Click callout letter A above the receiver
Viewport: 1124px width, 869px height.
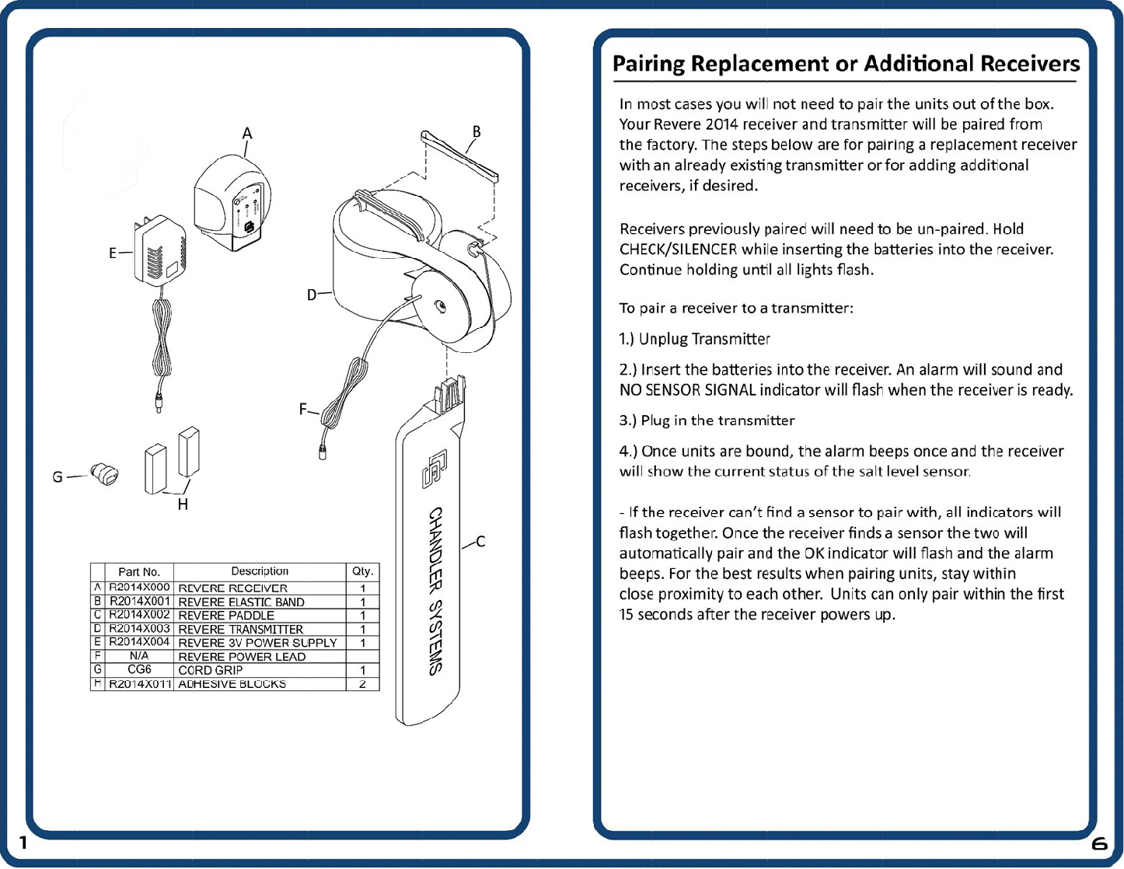click(x=247, y=134)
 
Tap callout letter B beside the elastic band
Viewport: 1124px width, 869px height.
click(x=476, y=131)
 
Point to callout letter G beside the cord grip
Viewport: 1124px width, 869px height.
click(x=58, y=476)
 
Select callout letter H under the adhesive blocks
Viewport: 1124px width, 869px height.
click(x=183, y=504)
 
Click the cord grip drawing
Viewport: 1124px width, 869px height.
click(x=105, y=473)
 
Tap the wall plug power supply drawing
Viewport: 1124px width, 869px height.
click(x=160, y=253)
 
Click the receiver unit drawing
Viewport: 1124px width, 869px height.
click(x=232, y=202)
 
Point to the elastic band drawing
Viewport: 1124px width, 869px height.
click(x=459, y=155)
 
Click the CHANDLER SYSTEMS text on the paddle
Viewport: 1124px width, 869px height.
click(x=436, y=591)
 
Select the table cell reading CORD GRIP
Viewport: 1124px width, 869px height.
click(x=211, y=670)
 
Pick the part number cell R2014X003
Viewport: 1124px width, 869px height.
click(x=139, y=628)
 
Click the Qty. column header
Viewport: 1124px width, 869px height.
click(x=362, y=571)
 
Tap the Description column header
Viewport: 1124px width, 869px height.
click(x=260, y=571)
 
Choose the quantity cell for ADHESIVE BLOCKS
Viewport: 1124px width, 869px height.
click(x=362, y=684)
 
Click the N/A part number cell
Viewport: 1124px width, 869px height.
click(x=139, y=656)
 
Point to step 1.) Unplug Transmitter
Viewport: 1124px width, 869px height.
click(x=694, y=339)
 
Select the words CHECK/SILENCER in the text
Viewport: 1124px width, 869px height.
click(x=678, y=250)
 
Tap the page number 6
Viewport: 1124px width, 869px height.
click(x=1099, y=843)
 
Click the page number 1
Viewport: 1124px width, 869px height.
click(x=23, y=843)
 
